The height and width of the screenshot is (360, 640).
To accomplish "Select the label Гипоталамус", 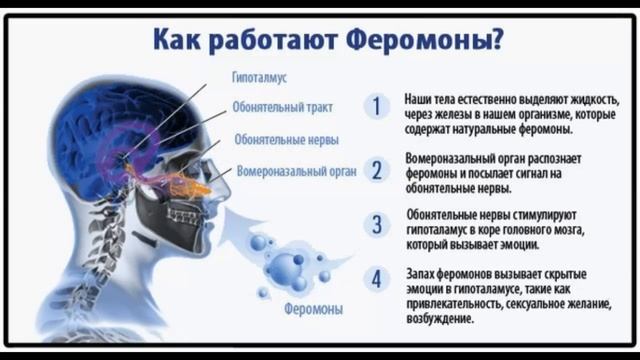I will point(261,77).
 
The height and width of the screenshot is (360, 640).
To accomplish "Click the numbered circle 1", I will point(376,106).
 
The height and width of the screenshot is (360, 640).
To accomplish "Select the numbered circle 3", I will point(376,225).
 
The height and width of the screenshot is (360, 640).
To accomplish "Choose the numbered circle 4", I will point(376,280).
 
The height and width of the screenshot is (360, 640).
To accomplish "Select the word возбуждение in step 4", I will point(442,320).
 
